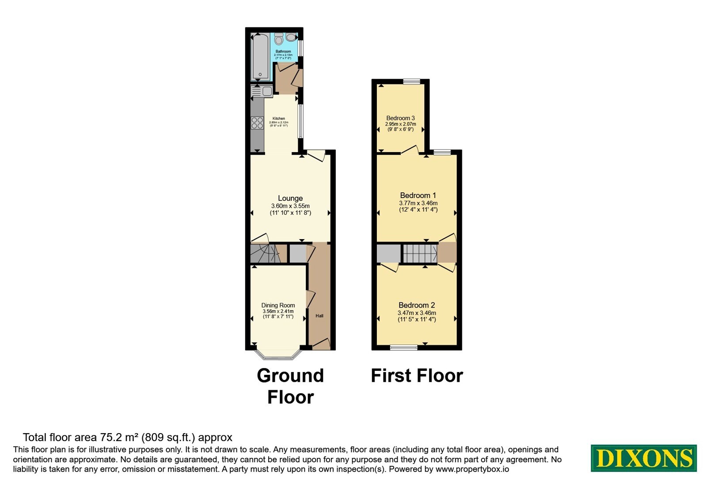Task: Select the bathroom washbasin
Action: [291, 37]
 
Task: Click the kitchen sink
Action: [262, 91]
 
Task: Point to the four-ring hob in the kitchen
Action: [257, 123]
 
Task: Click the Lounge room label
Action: [290, 198]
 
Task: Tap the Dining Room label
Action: [278, 305]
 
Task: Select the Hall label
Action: [319, 316]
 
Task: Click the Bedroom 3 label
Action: [400, 118]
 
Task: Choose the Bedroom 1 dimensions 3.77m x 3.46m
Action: [418, 203]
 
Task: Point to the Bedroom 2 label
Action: [417, 305]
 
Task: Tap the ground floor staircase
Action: [266, 253]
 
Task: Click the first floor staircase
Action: [420, 254]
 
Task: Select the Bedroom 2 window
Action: [404, 348]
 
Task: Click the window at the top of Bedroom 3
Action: [412, 82]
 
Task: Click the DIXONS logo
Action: [643, 458]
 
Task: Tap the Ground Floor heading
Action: [290, 386]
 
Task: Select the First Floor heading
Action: [417, 376]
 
